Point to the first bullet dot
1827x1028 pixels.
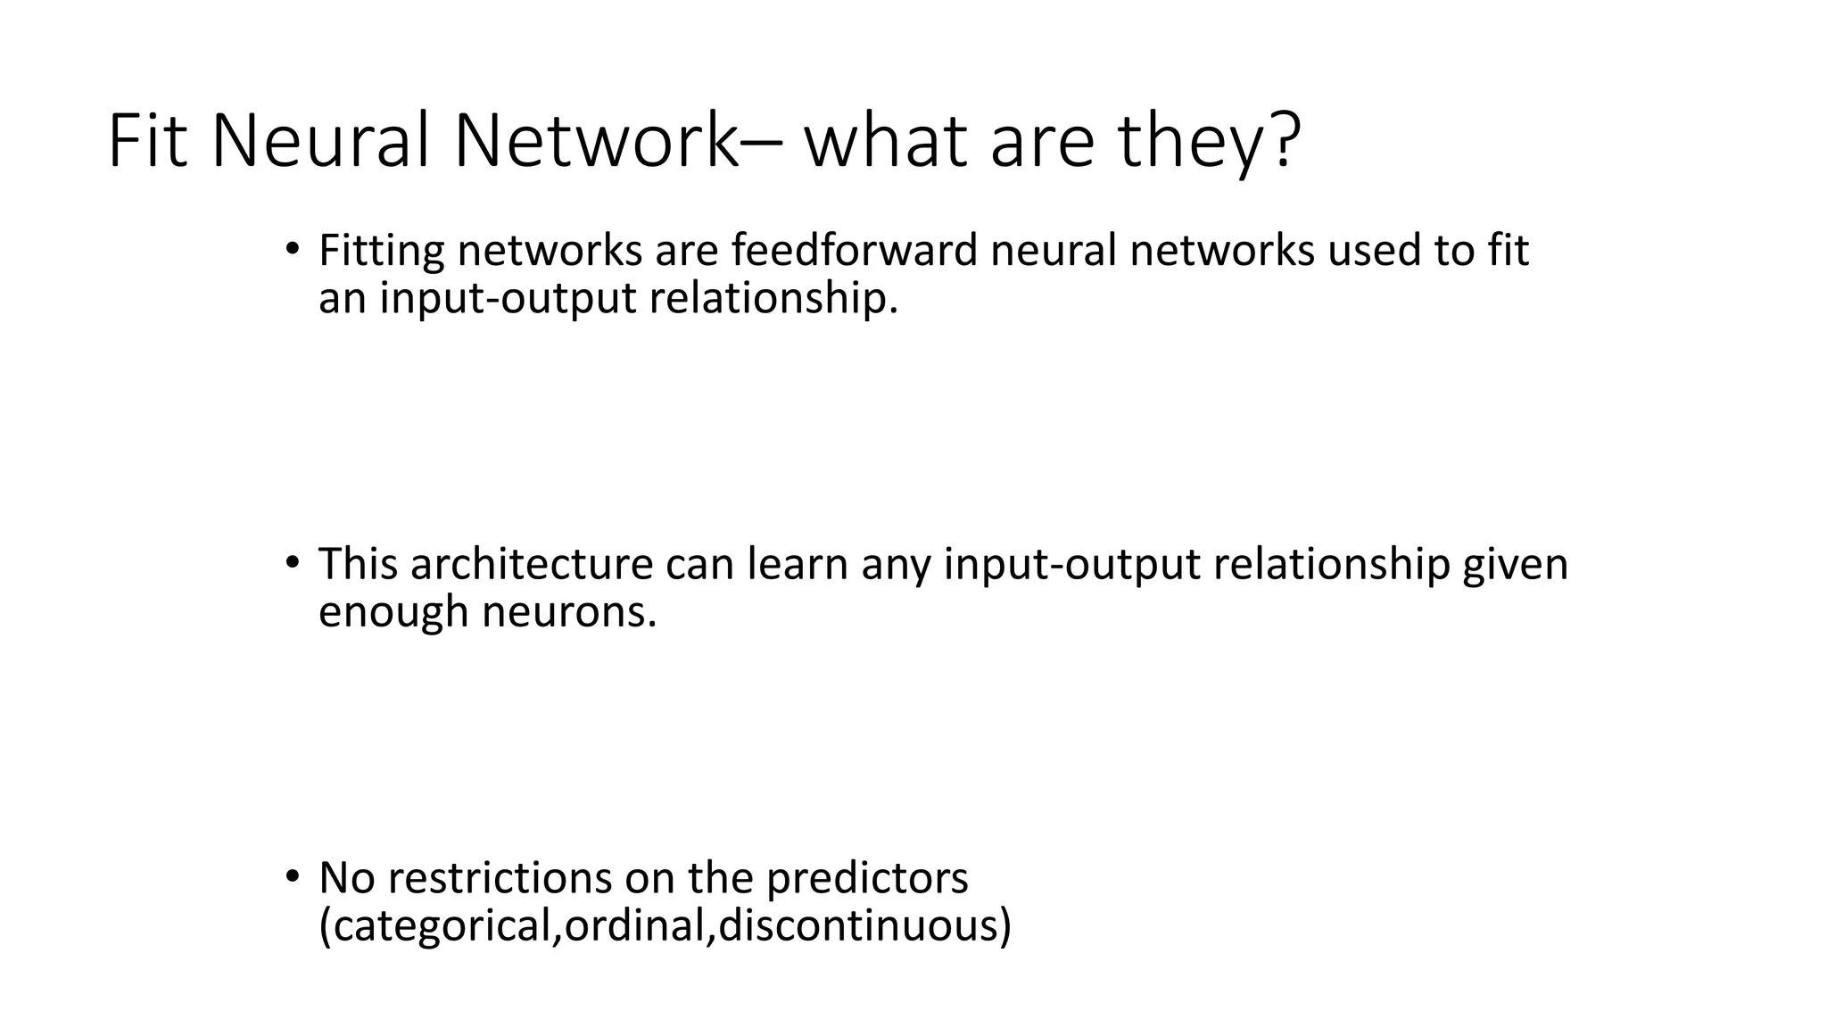(291, 249)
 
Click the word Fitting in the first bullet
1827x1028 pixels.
(381, 251)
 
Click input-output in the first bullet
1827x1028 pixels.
(508, 299)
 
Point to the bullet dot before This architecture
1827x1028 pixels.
(291, 563)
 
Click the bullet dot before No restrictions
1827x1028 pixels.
(291, 877)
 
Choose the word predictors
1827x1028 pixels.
(866, 879)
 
